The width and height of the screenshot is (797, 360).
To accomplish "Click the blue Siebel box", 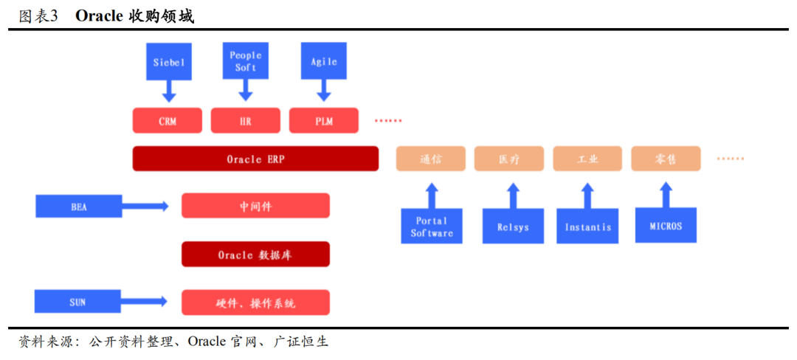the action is click(x=169, y=61).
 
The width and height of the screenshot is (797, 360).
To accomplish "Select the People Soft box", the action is click(x=246, y=61).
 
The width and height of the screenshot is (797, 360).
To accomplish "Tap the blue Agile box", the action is click(x=324, y=61).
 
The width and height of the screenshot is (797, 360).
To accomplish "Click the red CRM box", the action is click(x=168, y=121).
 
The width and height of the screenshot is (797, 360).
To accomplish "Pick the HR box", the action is click(x=246, y=121).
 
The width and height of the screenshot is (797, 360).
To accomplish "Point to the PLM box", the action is click(x=324, y=121).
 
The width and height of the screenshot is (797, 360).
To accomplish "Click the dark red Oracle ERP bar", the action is click(x=255, y=159).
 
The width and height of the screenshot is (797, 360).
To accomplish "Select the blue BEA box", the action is click(x=79, y=206).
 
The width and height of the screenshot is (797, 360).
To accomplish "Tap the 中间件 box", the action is click(x=255, y=206).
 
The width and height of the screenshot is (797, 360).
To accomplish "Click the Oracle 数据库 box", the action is click(x=255, y=255).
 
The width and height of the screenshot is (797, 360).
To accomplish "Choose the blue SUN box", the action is click(x=77, y=301).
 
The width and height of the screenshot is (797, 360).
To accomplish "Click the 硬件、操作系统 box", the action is click(x=255, y=302).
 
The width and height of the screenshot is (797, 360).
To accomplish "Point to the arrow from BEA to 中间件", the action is click(x=145, y=206).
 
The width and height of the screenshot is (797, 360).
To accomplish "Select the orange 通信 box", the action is click(x=431, y=159).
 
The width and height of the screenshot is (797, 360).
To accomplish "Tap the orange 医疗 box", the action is click(x=509, y=159).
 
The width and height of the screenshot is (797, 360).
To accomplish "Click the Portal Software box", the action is click(x=432, y=226).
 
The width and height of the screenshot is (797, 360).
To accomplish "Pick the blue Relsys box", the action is click(x=513, y=226).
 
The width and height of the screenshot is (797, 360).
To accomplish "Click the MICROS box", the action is click(x=666, y=225).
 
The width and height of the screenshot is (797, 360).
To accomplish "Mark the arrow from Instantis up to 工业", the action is click(x=587, y=196).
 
